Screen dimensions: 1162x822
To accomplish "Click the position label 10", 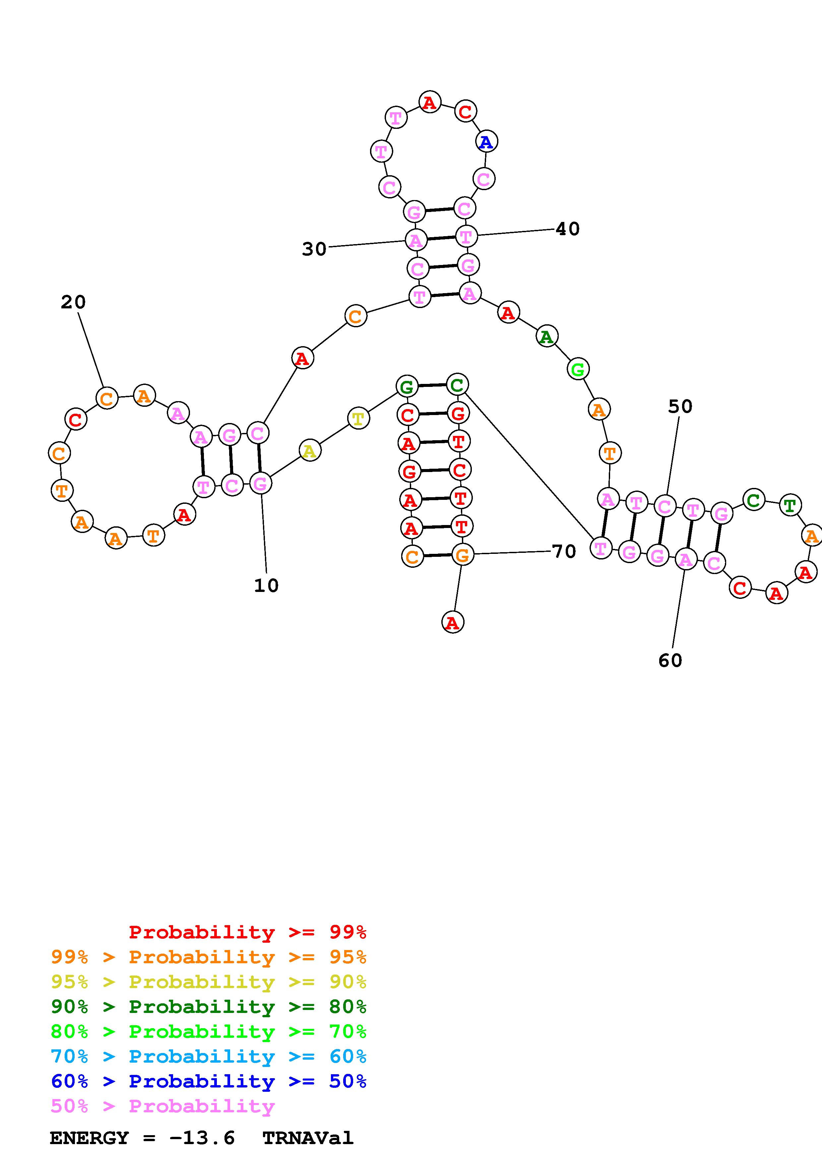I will [x=266, y=586].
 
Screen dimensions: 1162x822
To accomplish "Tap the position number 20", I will [x=73, y=302].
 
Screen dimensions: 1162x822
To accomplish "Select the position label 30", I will [x=314, y=249].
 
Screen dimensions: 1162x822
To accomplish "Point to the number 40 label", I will [x=567, y=229].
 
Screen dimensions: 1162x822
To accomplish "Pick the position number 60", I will [x=670, y=660].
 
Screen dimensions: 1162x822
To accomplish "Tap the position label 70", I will [x=564, y=551].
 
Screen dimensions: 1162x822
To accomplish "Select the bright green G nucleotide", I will [x=577, y=369].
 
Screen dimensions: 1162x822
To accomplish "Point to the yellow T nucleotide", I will [x=358, y=419].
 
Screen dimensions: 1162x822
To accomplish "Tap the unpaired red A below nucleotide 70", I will [x=453, y=622].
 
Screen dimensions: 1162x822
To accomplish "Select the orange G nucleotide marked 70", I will [x=462, y=555].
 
